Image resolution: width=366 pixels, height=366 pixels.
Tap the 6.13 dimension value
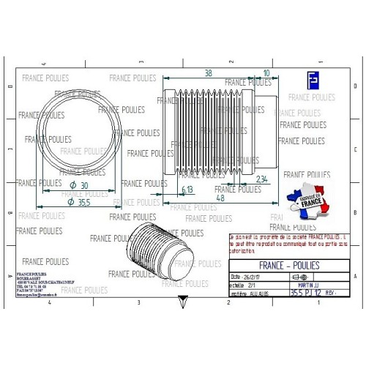[187, 190]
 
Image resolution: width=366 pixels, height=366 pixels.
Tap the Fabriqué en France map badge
[310, 202]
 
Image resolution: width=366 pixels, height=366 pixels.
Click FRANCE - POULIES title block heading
[288, 265]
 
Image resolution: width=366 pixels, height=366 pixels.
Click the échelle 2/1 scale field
[245, 285]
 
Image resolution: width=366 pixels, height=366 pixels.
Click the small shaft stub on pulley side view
[264, 129]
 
